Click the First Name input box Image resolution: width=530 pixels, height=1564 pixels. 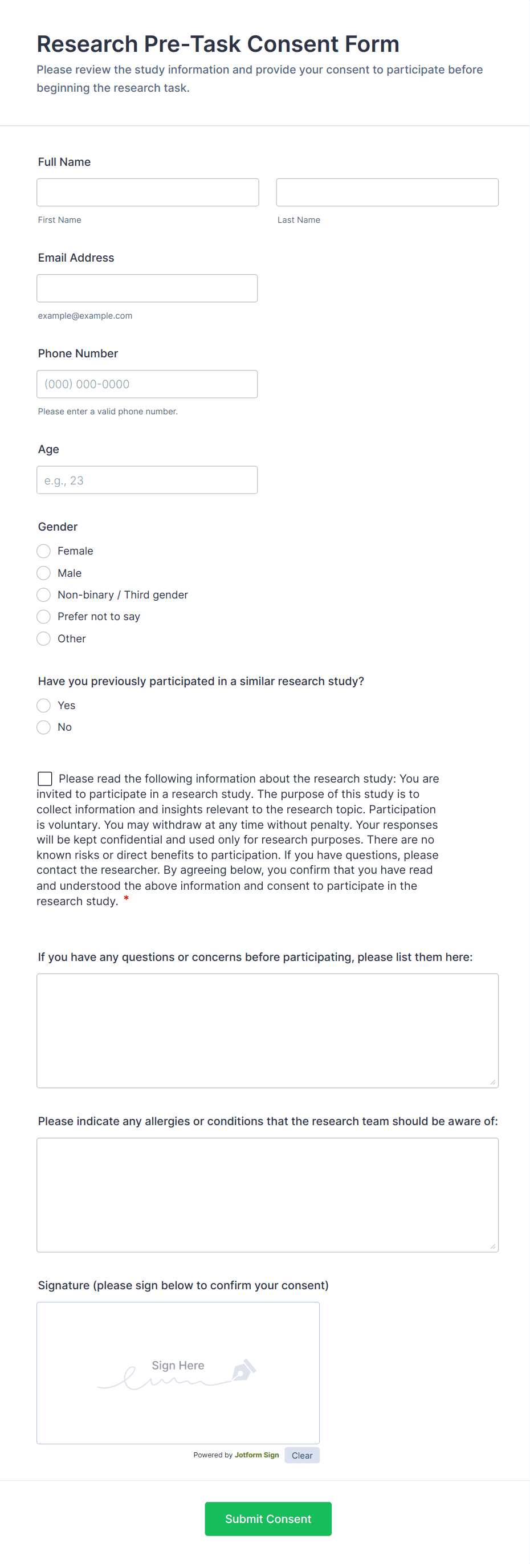(148, 193)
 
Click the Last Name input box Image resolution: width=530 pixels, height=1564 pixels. (387, 193)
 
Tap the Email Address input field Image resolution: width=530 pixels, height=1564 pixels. (147, 288)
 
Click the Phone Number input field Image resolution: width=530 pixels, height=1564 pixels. (147, 384)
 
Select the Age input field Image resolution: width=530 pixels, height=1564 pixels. (147, 480)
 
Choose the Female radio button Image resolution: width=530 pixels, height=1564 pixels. (44, 551)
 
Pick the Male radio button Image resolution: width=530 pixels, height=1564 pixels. (44, 573)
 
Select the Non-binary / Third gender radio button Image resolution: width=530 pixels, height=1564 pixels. (44, 595)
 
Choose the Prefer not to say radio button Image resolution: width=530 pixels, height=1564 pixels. (44, 617)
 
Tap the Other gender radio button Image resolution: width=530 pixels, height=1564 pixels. (44, 639)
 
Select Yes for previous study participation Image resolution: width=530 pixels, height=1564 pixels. (44, 706)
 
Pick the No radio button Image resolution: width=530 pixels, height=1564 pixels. (44, 727)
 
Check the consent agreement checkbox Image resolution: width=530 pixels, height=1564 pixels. (45, 779)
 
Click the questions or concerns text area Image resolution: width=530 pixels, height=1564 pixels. (267, 1031)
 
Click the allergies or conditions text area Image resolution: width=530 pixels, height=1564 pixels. (267, 1195)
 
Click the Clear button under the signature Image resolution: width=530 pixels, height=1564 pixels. (301, 1455)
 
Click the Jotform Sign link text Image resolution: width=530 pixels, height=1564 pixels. (257, 1455)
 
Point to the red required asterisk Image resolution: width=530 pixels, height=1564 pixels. (127, 899)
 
